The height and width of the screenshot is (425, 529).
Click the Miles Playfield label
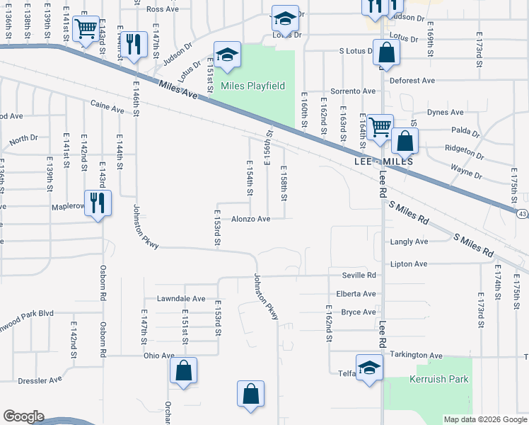252,86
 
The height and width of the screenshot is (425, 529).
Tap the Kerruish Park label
439,379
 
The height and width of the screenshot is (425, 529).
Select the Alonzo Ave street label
251,220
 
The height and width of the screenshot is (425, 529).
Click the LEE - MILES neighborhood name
382,162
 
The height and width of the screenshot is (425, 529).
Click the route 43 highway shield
522,213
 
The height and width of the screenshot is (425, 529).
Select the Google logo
23,416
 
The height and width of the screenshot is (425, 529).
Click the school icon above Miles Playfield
227,55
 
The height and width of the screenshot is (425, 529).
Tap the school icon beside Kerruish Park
369,368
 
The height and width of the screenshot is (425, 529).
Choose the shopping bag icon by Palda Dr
405,140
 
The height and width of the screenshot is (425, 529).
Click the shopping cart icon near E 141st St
86,28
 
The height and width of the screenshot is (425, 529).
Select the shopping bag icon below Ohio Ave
183,370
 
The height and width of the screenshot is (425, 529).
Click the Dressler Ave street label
40,380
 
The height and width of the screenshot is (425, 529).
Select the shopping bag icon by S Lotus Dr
386,52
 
